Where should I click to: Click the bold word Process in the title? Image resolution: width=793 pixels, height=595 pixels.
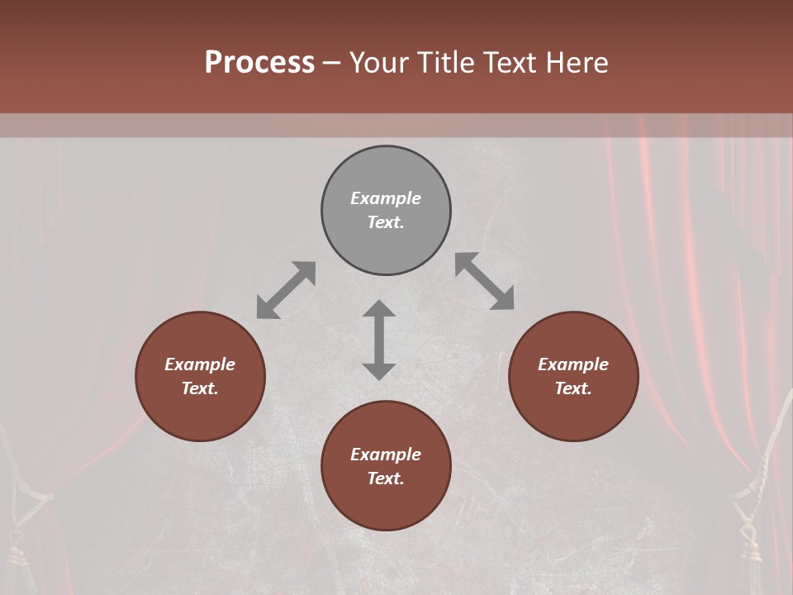pyautogui.click(x=259, y=63)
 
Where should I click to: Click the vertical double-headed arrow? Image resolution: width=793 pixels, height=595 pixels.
pyautogui.click(x=379, y=340)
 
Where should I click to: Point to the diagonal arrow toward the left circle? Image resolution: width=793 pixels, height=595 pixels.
pyautogui.click(x=286, y=290)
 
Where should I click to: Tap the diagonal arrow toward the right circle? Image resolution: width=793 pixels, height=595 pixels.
pyautogui.click(x=485, y=281)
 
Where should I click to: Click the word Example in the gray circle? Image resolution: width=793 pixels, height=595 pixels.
pyautogui.click(x=386, y=198)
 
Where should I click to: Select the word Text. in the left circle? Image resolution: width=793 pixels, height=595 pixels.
pyautogui.click(x=200, y=388)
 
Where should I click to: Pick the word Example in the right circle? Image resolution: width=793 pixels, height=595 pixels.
pyautogui.click(x=573, y=364)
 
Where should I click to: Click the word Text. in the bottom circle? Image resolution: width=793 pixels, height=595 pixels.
pyautogui.click(x=386, y=478)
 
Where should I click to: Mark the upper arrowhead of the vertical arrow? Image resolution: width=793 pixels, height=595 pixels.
pyautogui.click(x=379, y=309)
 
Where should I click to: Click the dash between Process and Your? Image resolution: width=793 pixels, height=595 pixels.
pyautogui.click(x=332, y=64)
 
